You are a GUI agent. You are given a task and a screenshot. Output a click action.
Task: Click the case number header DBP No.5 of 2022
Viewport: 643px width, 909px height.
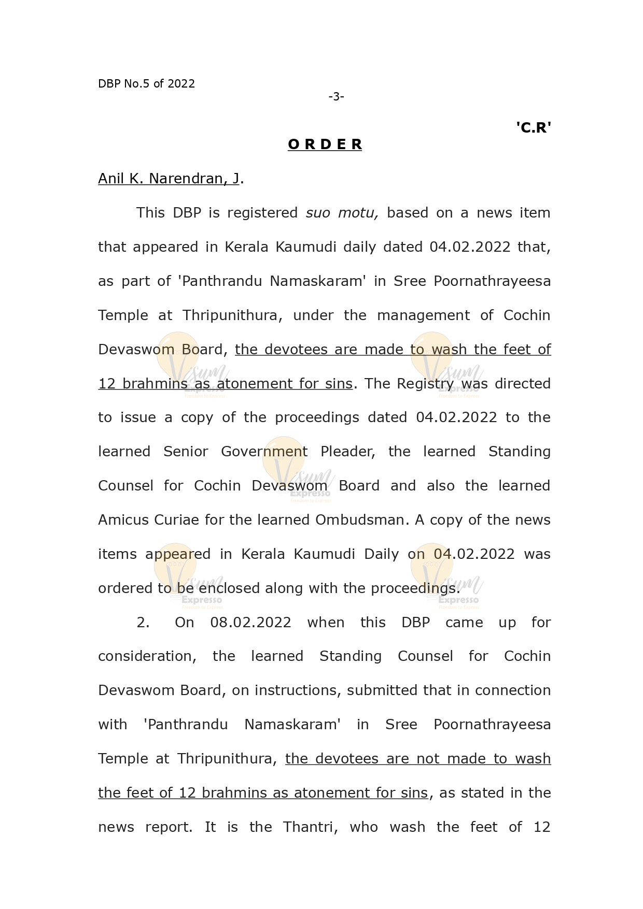coord(146,84)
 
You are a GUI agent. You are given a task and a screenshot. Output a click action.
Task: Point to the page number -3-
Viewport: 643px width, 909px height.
coord(336,96)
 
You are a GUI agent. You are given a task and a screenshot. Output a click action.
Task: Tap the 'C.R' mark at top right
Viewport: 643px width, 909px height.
coord(533,127)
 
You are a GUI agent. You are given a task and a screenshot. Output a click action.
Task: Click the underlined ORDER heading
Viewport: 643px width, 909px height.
coord(325,145)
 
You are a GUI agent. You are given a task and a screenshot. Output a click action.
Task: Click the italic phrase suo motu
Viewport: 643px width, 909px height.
coord(342,213)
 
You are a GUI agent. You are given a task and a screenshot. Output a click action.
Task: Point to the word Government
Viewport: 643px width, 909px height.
coord(264,452)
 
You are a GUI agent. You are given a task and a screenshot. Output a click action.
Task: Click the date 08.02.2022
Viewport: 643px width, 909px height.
coord(250,623)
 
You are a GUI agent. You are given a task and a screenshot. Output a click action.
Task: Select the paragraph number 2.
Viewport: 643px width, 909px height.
coord(143,623)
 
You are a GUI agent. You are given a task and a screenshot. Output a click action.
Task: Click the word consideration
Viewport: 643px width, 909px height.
coord(147,656)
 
